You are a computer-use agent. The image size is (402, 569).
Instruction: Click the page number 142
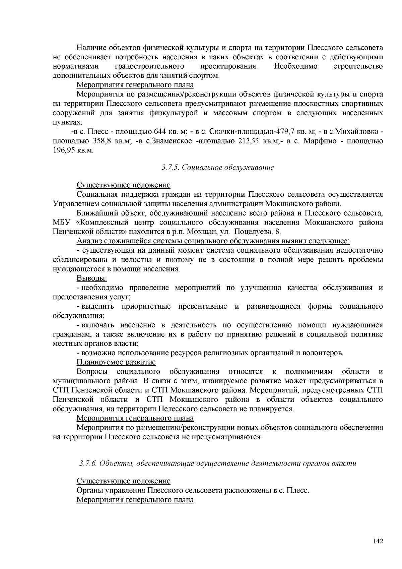click(x=378, y=541)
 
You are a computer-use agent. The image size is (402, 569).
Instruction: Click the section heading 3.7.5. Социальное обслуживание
click(x=218, y=167)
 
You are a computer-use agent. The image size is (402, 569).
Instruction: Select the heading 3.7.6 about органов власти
click(x=218, y=463)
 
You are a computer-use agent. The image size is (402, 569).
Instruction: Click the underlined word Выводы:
click(x=92, y=278)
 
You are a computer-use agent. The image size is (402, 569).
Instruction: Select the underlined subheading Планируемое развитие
click(x=116, y=362)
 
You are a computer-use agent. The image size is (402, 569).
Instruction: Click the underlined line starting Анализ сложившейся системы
click(x=213, y=241)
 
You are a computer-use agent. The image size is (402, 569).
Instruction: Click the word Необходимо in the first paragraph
click(x=295, y=66)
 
